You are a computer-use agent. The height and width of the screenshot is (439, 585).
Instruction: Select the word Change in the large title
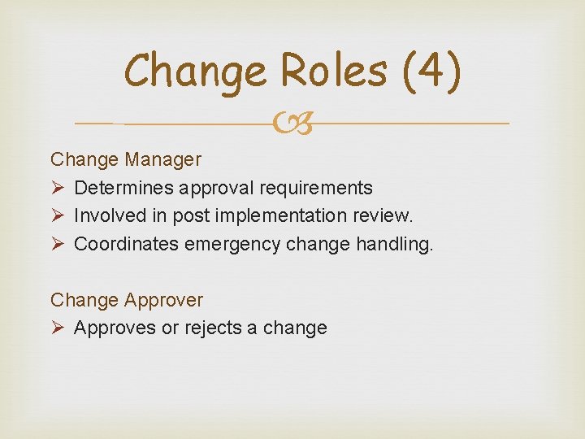[196, 72]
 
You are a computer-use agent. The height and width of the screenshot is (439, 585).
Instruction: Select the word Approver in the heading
[163, 300]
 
